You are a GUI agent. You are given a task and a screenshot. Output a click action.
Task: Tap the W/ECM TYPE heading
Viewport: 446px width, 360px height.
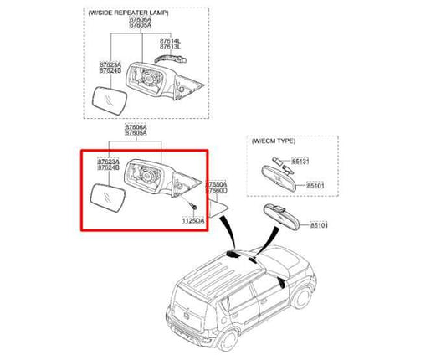point(274,142)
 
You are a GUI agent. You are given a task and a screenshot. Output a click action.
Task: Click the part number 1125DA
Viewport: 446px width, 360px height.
point(193,220)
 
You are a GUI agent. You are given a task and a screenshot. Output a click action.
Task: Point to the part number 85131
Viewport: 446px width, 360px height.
point(302,160)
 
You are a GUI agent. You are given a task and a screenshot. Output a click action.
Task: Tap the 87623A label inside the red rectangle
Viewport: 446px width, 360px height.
point(108,160)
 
